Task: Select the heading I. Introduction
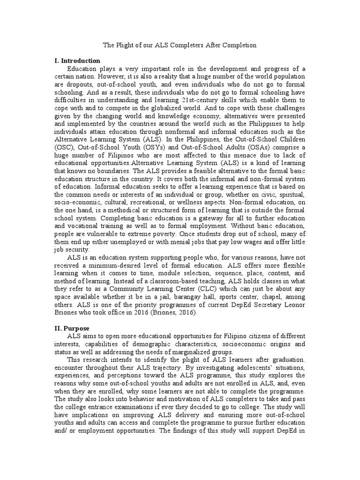pyautogui.click(x=77, y=61)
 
